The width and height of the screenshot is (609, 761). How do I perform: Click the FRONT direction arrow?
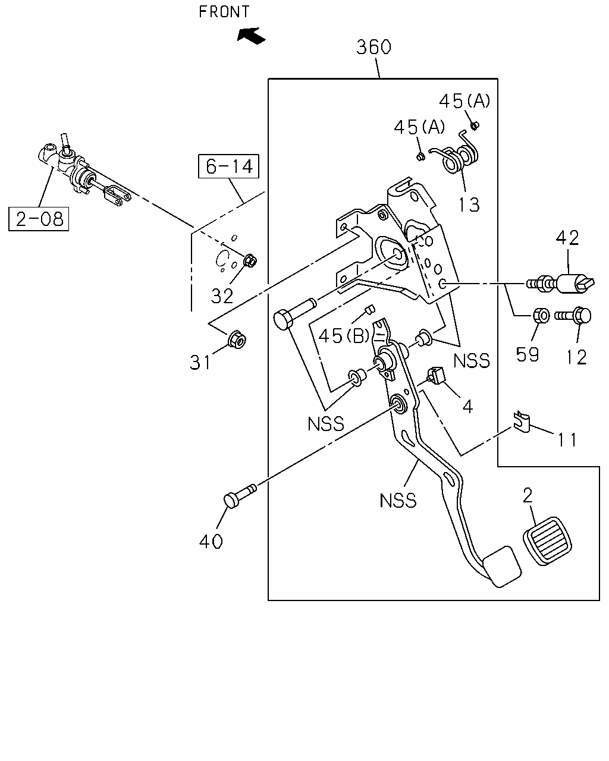pyautogui.click(x=251, y=36)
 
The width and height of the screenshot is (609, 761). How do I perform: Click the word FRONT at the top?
pyautogui.click(x=224, y=12)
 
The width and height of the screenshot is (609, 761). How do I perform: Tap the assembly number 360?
pyautogui.click(x=373, y=47)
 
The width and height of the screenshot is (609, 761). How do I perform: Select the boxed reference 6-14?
pyautogui.click(x=228, y=166)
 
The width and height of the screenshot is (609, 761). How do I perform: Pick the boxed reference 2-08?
pyautogui.click(x=39, y=219)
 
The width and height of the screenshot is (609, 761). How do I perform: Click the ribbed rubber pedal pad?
pyautogui.click(x=547, y=542)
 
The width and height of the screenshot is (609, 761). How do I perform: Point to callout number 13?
pyautogui.click(x=469, y=205)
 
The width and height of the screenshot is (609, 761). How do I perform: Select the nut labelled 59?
pyautogui.click(x=541, y=315)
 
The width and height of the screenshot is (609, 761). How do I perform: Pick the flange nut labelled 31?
pyautogui.click(x=236, y=339)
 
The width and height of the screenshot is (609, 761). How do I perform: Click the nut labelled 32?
pyautogui.click(x=250, y=261)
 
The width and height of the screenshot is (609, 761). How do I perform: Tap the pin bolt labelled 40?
pyautogui.click(x=240, y=496)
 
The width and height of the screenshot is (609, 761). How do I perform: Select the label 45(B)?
pyautogui.click(x=344, y=335)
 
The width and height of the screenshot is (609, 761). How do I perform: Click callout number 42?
pyautogui.click(x=567, y=238)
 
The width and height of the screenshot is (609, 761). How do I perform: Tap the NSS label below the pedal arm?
pyautogui.click(x=398, y=501)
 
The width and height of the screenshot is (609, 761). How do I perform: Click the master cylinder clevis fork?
pyautogui.click(x=117, y=196)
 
